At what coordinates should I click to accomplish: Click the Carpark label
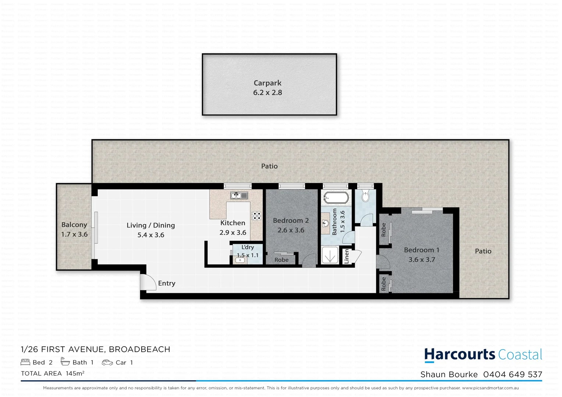coord(267,83)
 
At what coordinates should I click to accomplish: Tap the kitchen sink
coord(239,196)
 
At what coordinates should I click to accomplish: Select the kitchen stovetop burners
coord(256,216)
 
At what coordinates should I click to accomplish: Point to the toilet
coord(365,197)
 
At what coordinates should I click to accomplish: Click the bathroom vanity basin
coord(325,223)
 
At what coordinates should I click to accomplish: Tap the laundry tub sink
coord(240,260)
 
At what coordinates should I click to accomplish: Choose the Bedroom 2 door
coord(309,261)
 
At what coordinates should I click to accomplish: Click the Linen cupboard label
coord(346,256)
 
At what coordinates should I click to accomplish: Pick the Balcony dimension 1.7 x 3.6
coord(74,235)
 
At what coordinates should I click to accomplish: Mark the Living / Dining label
coord(150,225)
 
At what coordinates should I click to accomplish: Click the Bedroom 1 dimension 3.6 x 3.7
coord(421,260)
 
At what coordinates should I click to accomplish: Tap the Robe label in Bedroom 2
coord(281,260)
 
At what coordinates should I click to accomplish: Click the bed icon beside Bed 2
coord(25,362)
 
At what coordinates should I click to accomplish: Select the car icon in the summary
coord(107,362)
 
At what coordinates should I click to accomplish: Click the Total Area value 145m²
coord(75,373)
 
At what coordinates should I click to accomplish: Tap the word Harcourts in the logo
coord(460,355)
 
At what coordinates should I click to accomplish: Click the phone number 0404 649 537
coord(512,375)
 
